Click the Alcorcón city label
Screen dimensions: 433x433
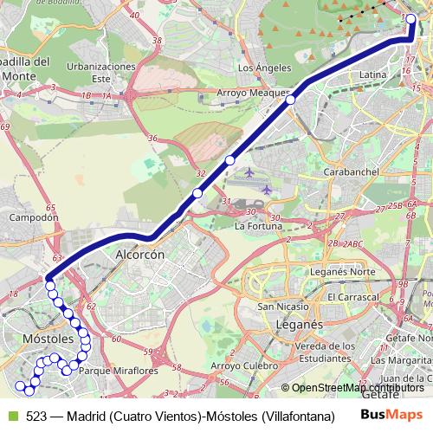pos(139,255)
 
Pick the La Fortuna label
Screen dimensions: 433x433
pos(259,226)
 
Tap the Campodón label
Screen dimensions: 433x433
pos(32,218)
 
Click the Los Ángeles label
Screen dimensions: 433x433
pos(258,67)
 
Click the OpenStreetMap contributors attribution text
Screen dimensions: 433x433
pos(357,388)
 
